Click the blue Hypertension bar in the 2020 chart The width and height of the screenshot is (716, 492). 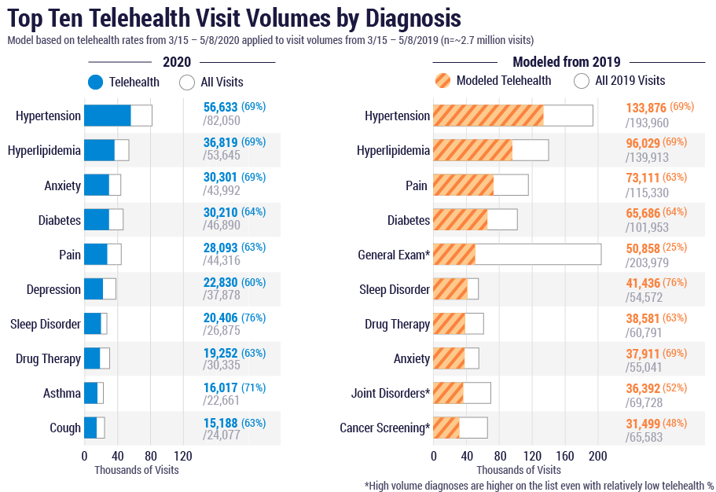108,116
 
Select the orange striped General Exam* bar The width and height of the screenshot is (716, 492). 454,255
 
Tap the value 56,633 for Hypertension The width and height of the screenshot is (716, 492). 220,108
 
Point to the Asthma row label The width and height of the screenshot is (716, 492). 62,393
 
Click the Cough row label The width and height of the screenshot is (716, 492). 65,428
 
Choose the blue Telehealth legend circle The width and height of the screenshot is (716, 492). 96,82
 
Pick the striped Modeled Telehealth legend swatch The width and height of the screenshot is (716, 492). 442,80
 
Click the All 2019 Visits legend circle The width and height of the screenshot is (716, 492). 582,80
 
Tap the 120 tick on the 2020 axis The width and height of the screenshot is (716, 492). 183,456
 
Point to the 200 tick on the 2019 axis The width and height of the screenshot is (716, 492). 598,456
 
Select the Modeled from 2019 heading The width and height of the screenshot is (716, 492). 567,62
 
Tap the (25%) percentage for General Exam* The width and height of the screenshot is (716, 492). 674,247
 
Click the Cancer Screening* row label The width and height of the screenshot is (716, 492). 384,428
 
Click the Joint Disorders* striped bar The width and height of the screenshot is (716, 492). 449,393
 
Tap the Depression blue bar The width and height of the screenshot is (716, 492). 94,289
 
